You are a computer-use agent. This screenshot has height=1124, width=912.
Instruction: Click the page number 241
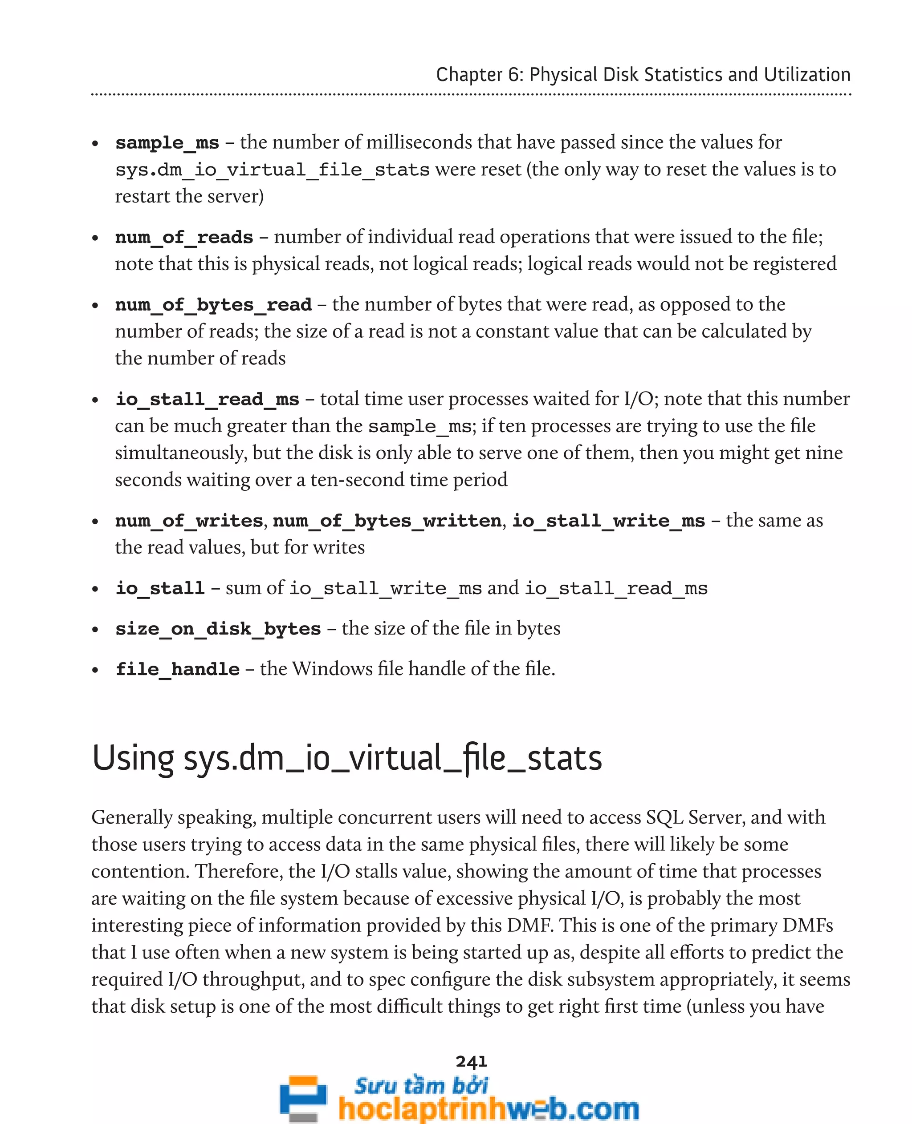[x=471, y=1062]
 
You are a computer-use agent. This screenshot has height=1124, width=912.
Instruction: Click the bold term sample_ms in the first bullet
[x=167, y=143]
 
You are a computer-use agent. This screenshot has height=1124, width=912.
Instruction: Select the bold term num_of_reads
[x=184, y=237]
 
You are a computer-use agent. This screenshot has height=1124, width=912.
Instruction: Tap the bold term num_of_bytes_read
[x=213, y=305]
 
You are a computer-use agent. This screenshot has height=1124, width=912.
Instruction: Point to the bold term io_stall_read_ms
[x=207, y=400]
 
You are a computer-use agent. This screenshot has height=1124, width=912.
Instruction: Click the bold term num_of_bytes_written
[x=387, y=521]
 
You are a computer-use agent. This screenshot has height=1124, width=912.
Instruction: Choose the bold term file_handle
[x=178, y=669]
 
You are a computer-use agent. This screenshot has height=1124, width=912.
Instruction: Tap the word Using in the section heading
[x=132, y=759]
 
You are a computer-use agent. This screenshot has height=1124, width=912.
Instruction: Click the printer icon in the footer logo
[x=303, y=1098]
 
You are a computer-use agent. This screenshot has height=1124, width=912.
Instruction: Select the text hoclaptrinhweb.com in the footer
[x=489, y=1109]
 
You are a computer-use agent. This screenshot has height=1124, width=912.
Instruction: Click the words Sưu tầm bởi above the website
[x=421, y=1085]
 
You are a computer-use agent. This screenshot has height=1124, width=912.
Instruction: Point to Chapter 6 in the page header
[x=479, y=75]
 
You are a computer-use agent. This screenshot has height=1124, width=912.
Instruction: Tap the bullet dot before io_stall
[x=95, y=589]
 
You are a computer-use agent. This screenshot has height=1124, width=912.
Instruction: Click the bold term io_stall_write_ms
[x=608, y=521]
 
